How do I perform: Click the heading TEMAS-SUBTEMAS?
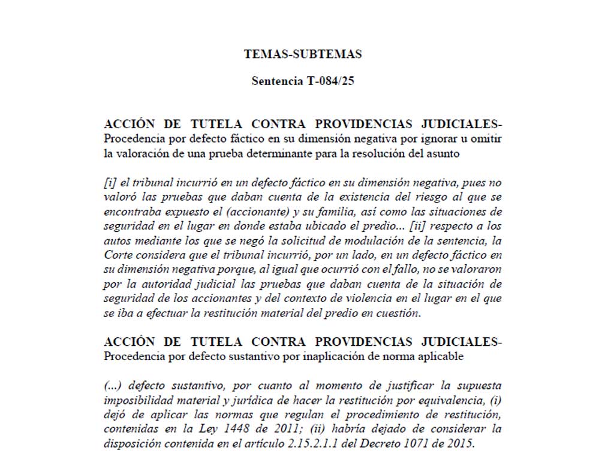click(x=303, y=54)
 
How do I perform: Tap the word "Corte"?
click(x=118, y=256)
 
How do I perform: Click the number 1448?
click(x=231, y=428)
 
